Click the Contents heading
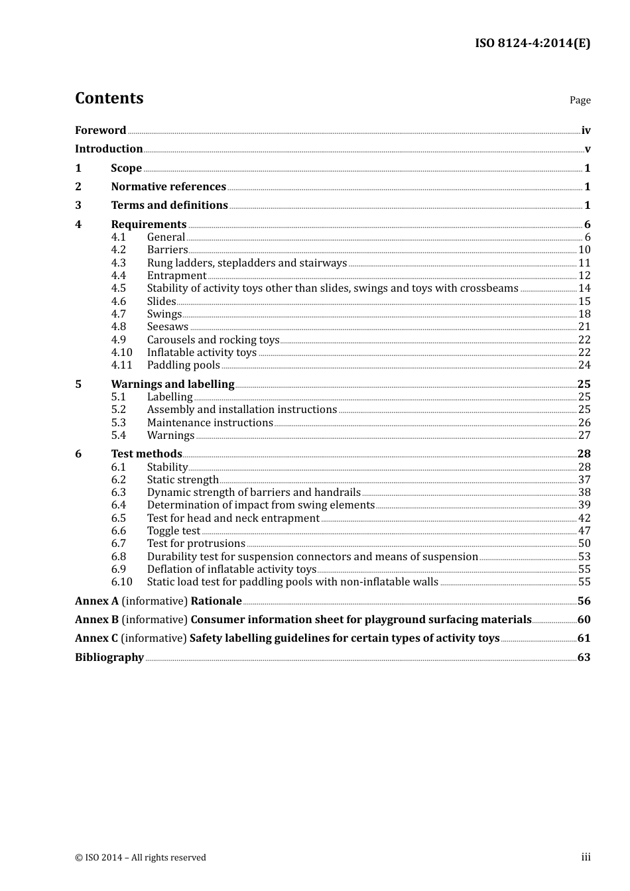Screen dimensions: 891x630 click(109, 98)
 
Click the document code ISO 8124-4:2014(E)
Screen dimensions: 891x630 click(533, 44)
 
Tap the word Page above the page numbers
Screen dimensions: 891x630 click(580, 100)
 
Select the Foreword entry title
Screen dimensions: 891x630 click(100, 131)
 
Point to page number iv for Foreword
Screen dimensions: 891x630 click(586, 131)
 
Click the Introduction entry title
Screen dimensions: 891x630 click(109, 149)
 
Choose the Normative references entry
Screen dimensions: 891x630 click(168, 187)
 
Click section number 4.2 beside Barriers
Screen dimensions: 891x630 click(119, 250)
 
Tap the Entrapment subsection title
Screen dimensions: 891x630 click(176, 276)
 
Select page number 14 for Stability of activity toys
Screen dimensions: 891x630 click(584, 288)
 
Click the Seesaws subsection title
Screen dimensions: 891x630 click(168, 327)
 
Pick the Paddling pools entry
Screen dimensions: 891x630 click(183, 365)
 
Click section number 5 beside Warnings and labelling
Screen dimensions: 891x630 click(78, 385)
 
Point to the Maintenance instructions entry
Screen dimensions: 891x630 click(210, 423)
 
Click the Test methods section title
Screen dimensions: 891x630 click(147, 454)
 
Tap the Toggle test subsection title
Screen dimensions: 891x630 click(173, 531)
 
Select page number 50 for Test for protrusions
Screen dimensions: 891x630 click(584, 544)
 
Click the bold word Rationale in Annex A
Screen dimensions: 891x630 click(216, 601)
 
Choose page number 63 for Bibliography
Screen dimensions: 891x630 click(584, 658)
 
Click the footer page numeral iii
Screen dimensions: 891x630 click(586, 857)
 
